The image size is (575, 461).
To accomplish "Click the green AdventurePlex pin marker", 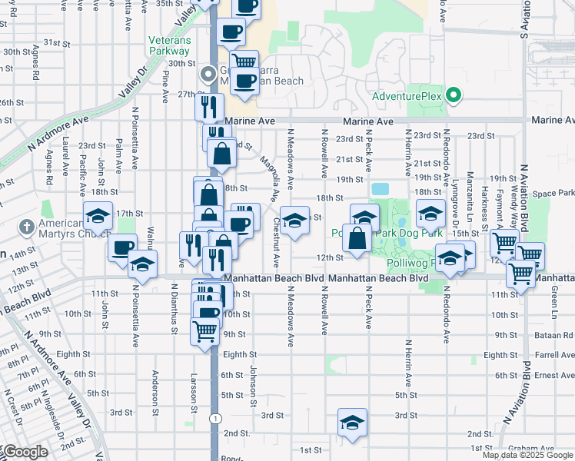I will [x=454, y=96].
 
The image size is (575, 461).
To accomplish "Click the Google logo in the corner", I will [x=25, y=452].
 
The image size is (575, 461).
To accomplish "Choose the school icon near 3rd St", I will [x=352, y=423].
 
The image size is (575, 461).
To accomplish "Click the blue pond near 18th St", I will [x=380, y=189].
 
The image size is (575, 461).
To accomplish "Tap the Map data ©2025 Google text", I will [x=527, y=456].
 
